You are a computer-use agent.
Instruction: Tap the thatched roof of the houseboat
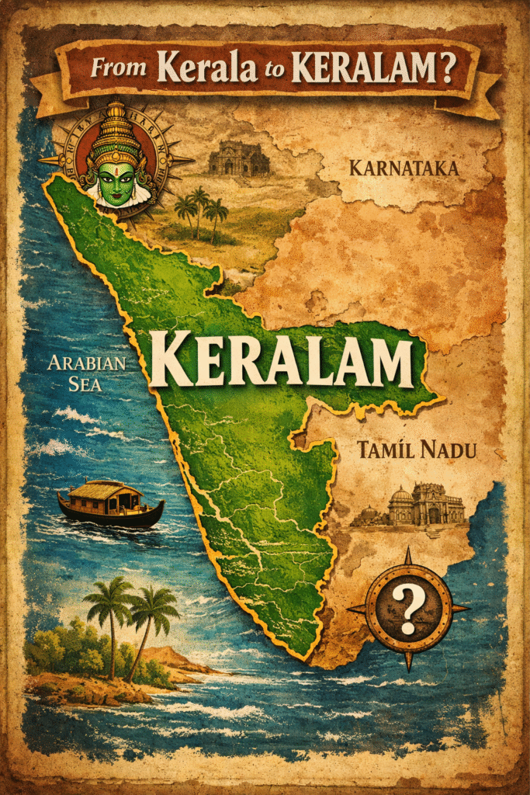[x=109, y=489]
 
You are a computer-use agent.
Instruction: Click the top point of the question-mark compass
[x=408, y=553]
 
